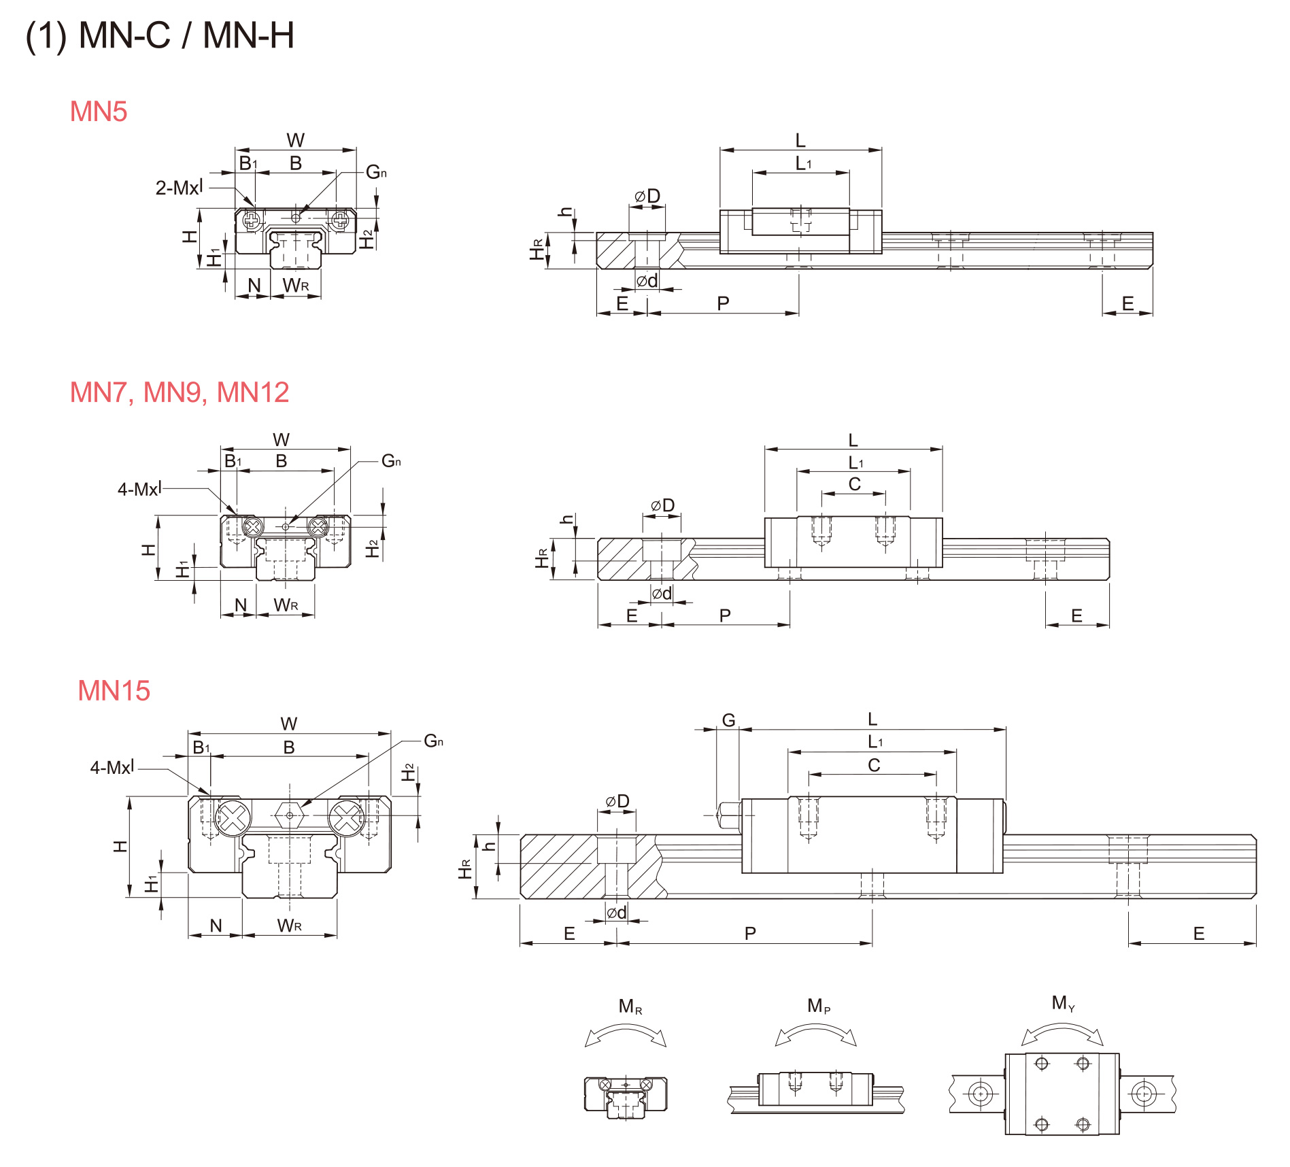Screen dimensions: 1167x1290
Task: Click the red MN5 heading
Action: (x=99, y=112)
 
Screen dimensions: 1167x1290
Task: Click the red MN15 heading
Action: (x=114, y=691)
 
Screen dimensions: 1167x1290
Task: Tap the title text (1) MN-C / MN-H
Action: (x=160, y=35)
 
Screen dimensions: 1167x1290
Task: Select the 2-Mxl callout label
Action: (x=179, y=188)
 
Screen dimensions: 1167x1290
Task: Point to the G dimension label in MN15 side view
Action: (x=728, y=720)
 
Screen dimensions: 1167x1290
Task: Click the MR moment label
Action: (x=630, y=1007)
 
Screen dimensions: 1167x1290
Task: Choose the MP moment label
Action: (x=818, y=1006)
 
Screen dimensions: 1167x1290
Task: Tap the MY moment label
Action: (x=1062, y=1003)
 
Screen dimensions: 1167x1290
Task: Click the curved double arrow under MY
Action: (x=1062, y=1035)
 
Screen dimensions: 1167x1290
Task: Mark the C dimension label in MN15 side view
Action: (x=874, y=766)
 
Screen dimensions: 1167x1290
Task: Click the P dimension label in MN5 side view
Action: (x=723, y=303)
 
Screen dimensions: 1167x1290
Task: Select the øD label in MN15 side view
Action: (x=617, y=802)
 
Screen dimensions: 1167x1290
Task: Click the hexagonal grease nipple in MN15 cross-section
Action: (x=290, y=815)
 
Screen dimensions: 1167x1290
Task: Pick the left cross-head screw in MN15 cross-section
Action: (x=233, y=817)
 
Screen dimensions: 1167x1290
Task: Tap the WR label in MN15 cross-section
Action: (x=289, y=926)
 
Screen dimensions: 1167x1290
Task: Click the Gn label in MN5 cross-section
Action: (x=376, y=173)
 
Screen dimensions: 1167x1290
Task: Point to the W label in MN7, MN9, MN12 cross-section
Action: (x=281, y=440)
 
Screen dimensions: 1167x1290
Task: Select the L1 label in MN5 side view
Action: (x=803, y=164)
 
